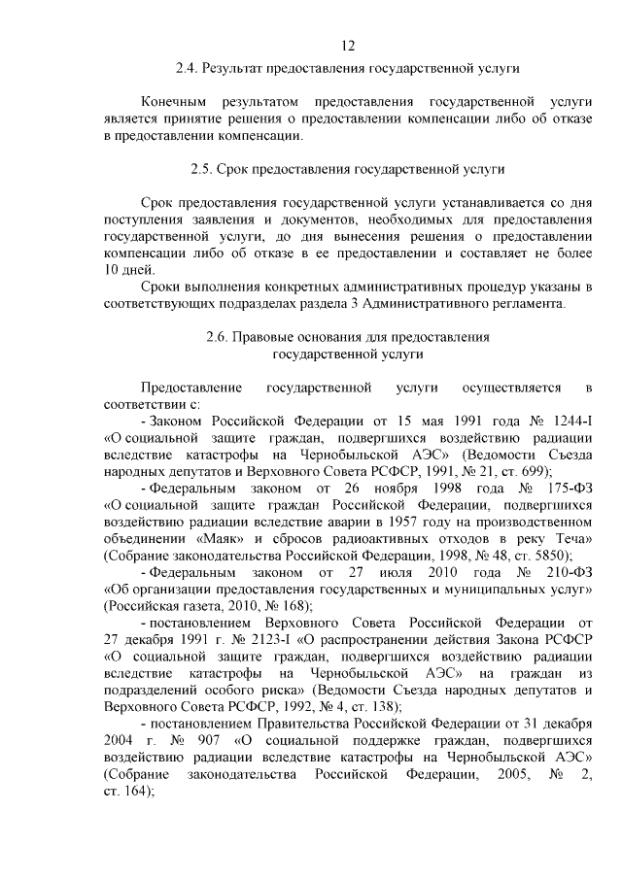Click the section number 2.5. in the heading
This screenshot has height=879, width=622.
point(205,169)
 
